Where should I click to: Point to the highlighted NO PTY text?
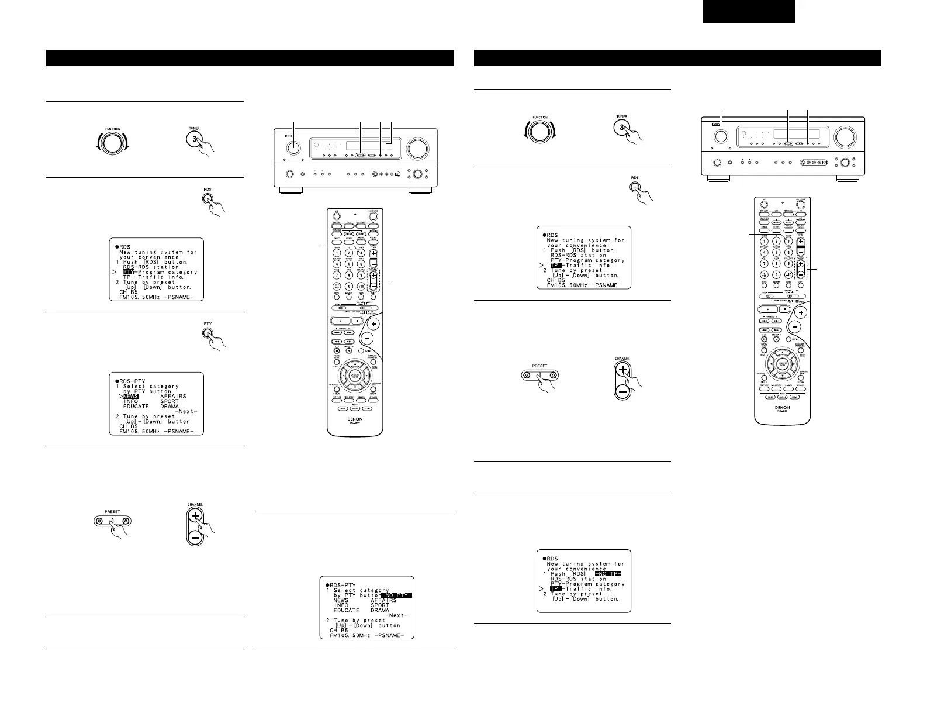tap(396, 595)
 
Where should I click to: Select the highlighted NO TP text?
tap(607, 574)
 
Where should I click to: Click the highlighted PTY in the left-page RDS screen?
tap(129, 272)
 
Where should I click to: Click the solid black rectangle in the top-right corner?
tap(749, 11)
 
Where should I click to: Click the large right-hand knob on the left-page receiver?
tap(417, 149)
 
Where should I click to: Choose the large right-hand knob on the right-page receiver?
tap(843, 137)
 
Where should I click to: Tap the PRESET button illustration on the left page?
tap(112, 521)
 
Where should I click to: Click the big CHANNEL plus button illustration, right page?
tap(622, 370)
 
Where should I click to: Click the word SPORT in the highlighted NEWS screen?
tap(170, 401)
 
